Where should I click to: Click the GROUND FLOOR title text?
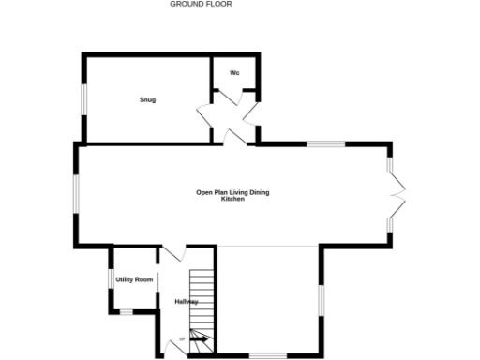point(201,4)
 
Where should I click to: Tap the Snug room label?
point(148,99)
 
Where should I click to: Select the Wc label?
point(234,72)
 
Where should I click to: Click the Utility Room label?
point(134,279)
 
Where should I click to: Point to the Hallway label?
point(186,301)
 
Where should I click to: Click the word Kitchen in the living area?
point(232,199)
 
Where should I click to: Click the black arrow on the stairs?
point(199,338)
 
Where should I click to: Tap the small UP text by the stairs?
point(182,340)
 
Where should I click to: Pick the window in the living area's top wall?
point(326,143)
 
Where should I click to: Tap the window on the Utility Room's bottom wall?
point(125,310)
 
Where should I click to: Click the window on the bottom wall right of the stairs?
point(267,355)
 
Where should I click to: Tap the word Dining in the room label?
point(256,193)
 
